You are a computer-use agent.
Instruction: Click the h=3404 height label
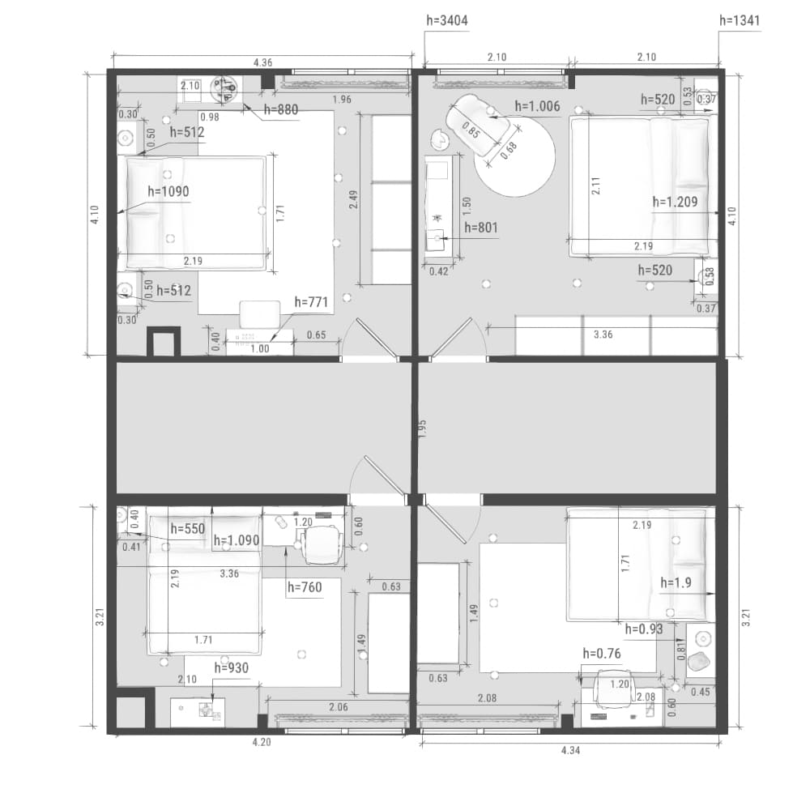[447, 21]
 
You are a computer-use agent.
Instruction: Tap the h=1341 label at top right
[740, 21]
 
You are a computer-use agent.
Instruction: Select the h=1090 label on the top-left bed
[168, 192]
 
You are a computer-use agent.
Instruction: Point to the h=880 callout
[281, 109]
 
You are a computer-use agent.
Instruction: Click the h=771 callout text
[312, 302]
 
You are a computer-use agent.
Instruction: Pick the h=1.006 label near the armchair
[537, 106]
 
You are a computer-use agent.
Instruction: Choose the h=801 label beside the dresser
[481, 228]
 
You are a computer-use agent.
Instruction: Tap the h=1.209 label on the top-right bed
[676, 202]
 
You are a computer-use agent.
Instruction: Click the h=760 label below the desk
[305, 587]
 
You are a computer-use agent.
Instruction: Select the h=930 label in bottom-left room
[232, 668]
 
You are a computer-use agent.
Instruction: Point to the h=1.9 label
[676, 583]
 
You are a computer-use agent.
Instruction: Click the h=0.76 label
[602, 654]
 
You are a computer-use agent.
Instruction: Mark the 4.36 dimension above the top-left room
[262, 62]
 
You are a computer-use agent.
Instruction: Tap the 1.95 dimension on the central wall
[422, 429]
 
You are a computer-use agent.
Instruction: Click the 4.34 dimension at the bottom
[570, 750]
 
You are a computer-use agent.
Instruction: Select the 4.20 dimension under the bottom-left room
[262, 742]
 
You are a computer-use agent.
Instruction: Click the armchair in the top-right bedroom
[477, 125]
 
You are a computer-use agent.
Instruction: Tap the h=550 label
[188, 529]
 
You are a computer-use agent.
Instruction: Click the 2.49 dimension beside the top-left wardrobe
[353, 199]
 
